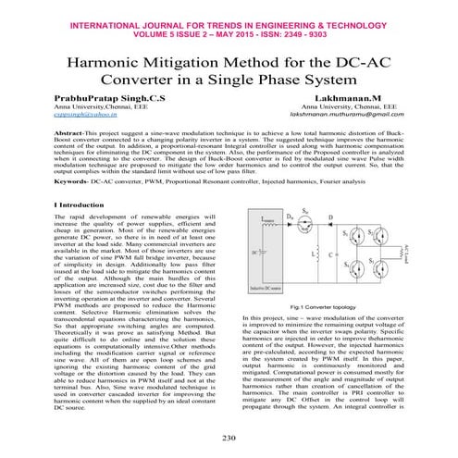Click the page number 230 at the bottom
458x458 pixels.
coord(229,437)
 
